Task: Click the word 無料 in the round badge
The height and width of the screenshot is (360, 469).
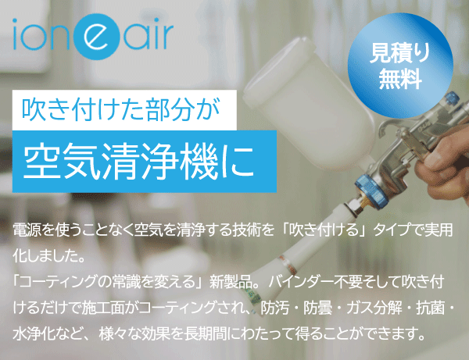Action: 400,80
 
